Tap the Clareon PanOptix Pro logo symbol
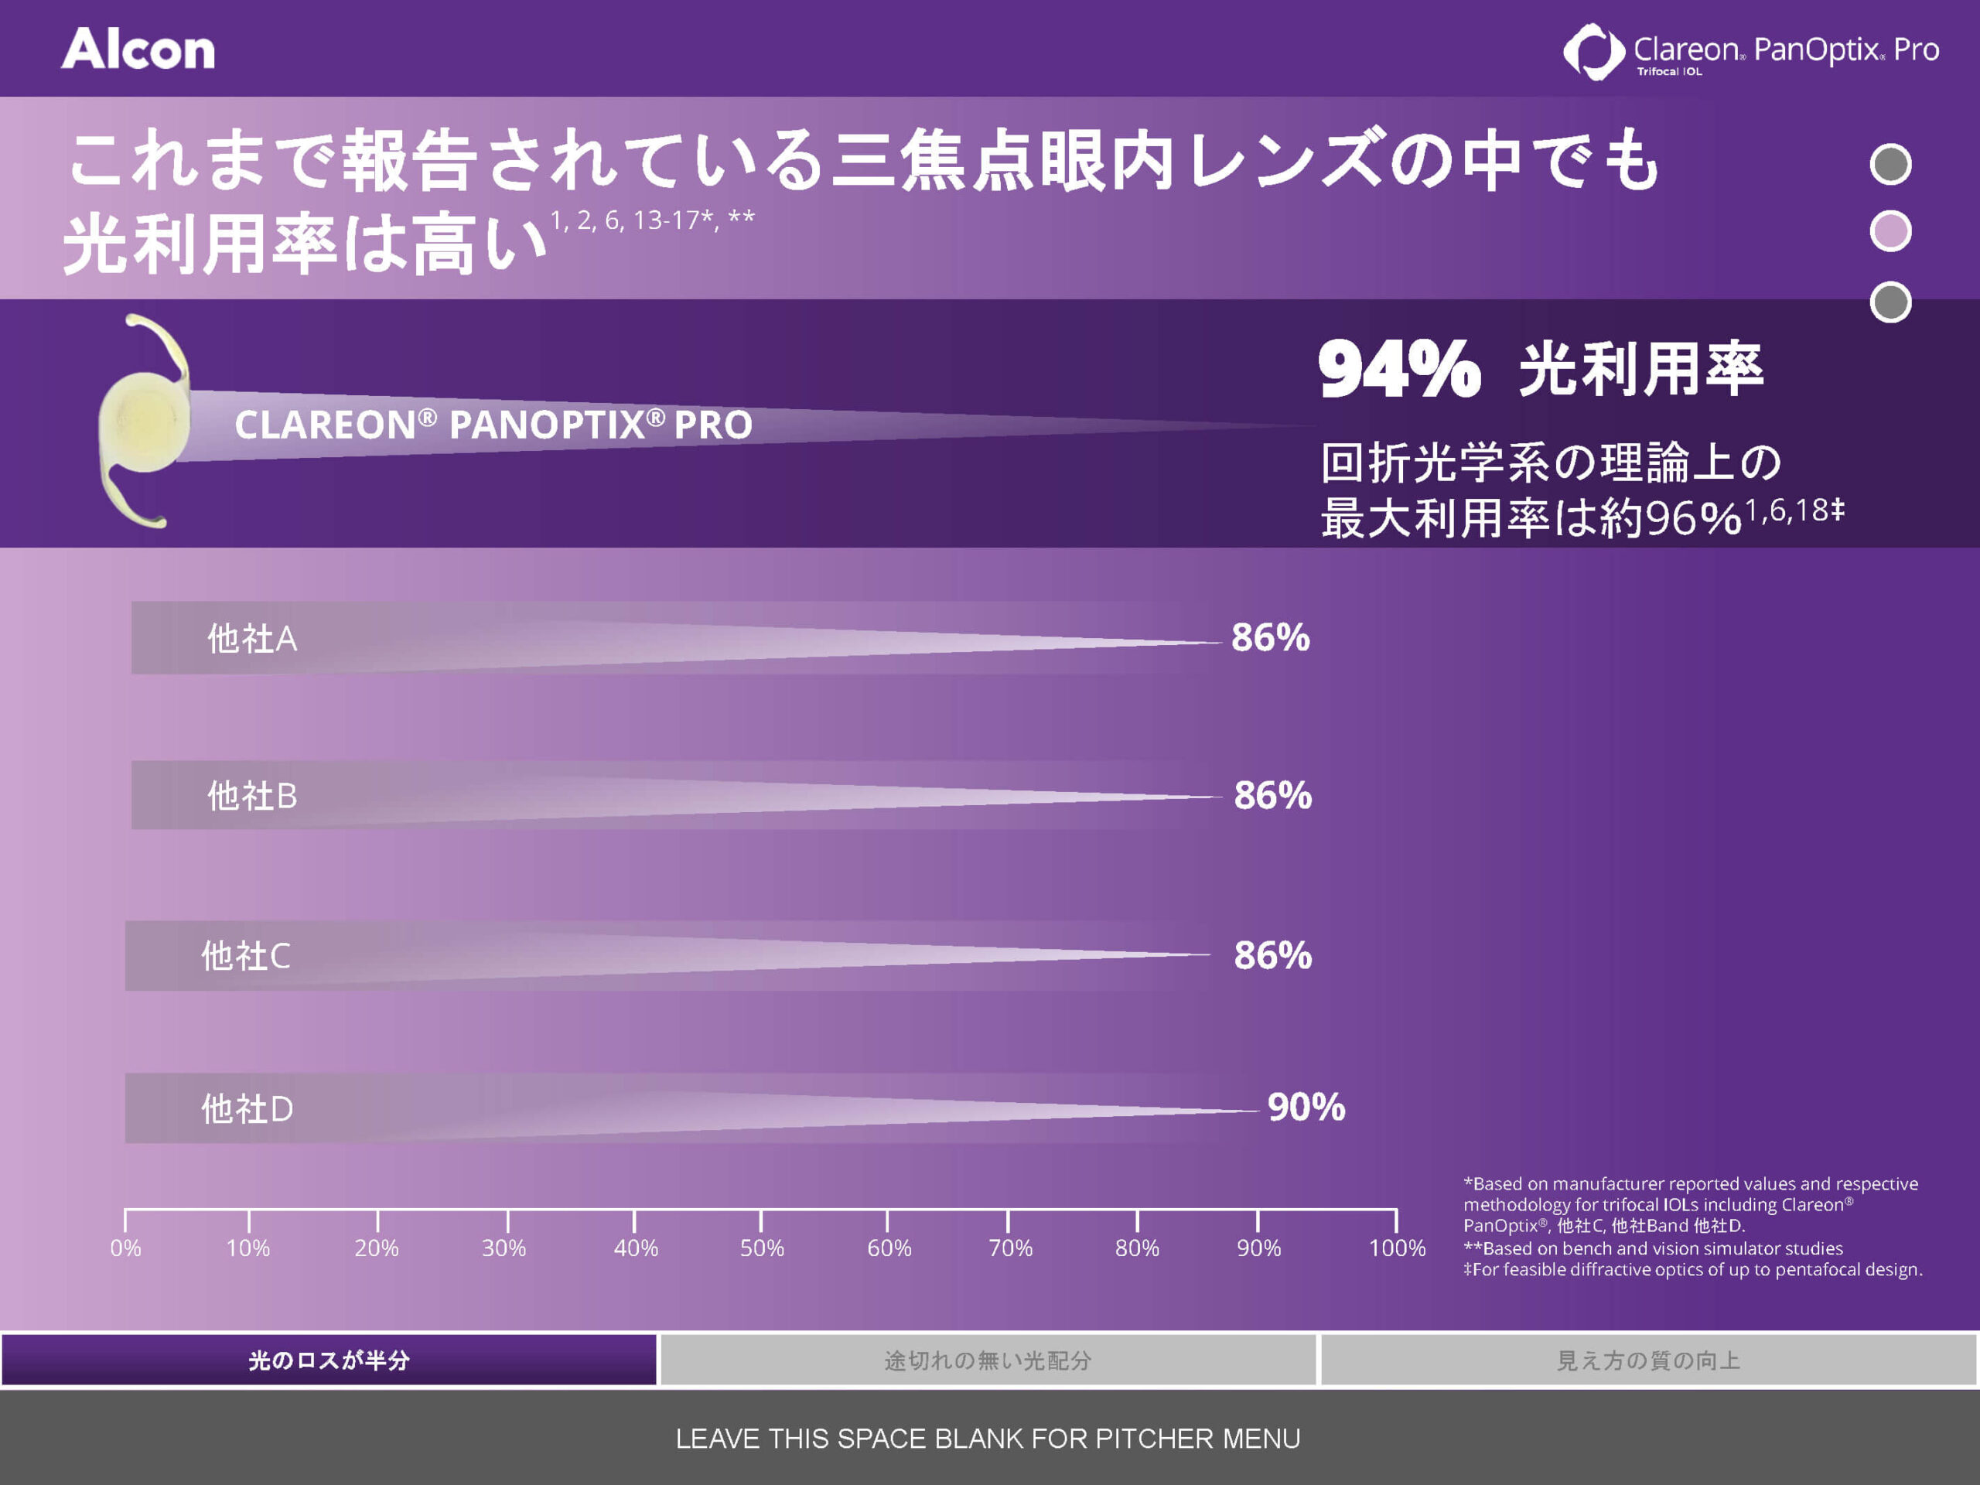tap(1593, 51)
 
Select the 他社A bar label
tap(251, 639)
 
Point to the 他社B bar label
tap(251, 796)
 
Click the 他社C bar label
tap(245, 956)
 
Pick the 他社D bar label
tap(246, 1109)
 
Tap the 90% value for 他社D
tap(1306, 1108)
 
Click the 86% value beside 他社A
tap(1270, 637)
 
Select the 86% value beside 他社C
tap(1272, 955)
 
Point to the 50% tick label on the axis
tap(762, 1248)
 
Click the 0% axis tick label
tap(125, 1248)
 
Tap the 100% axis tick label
tap(1396, 1248)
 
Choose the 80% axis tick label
tap(1137, 1248)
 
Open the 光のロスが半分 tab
tap(329, 1360)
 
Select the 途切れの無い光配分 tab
tap(988, 1360)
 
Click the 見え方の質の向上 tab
tap(1649, 1360)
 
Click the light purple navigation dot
tap(1890, 232)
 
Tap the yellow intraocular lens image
tap(143, 421)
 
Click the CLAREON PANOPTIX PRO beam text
tap(493, 425)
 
